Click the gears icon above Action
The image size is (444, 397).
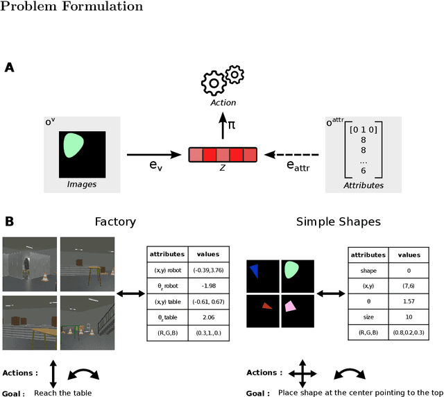tap(221, 81)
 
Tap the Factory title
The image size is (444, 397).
tap(115, 222)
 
